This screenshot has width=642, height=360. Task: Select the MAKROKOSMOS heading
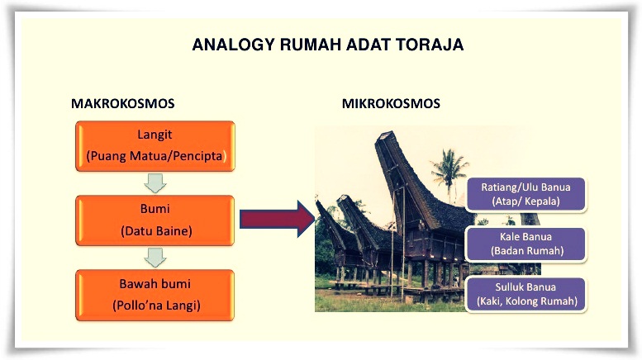pos(122,104)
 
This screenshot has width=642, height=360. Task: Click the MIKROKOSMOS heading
pos(391,104)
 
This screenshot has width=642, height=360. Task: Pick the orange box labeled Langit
pos(155,145)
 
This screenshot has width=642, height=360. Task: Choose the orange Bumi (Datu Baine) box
pos(155,220)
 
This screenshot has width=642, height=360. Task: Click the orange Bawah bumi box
pos(155,296)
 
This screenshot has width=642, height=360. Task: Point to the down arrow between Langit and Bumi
pos(155,182)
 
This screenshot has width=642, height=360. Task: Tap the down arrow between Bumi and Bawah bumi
pos(155,258)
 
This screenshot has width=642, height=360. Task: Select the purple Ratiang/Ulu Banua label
pos(525,193)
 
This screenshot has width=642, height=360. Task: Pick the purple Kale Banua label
pos(526,244)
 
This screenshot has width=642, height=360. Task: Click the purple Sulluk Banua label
pos(525,295)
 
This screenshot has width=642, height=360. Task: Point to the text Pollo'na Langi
pos(156,306)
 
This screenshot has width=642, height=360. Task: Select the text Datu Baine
pos(155,231)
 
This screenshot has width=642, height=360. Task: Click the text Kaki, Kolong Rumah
pos(525,302)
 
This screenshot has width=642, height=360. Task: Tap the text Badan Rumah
pos(526,251)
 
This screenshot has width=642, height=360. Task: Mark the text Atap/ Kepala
pos(525,201)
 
